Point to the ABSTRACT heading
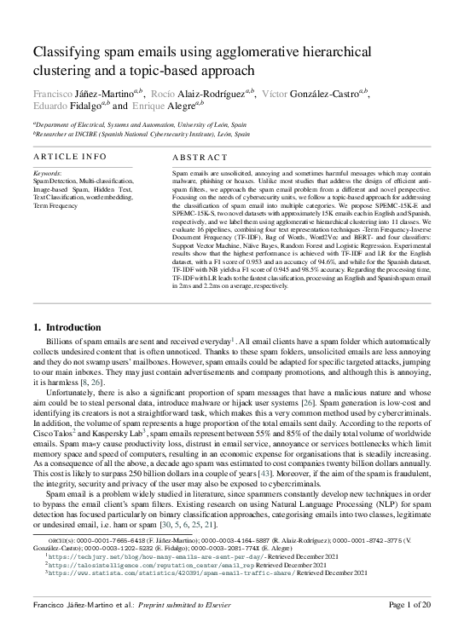tap(200, 158)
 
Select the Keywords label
tap(50, 174)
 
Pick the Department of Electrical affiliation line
tap(141, 124)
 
